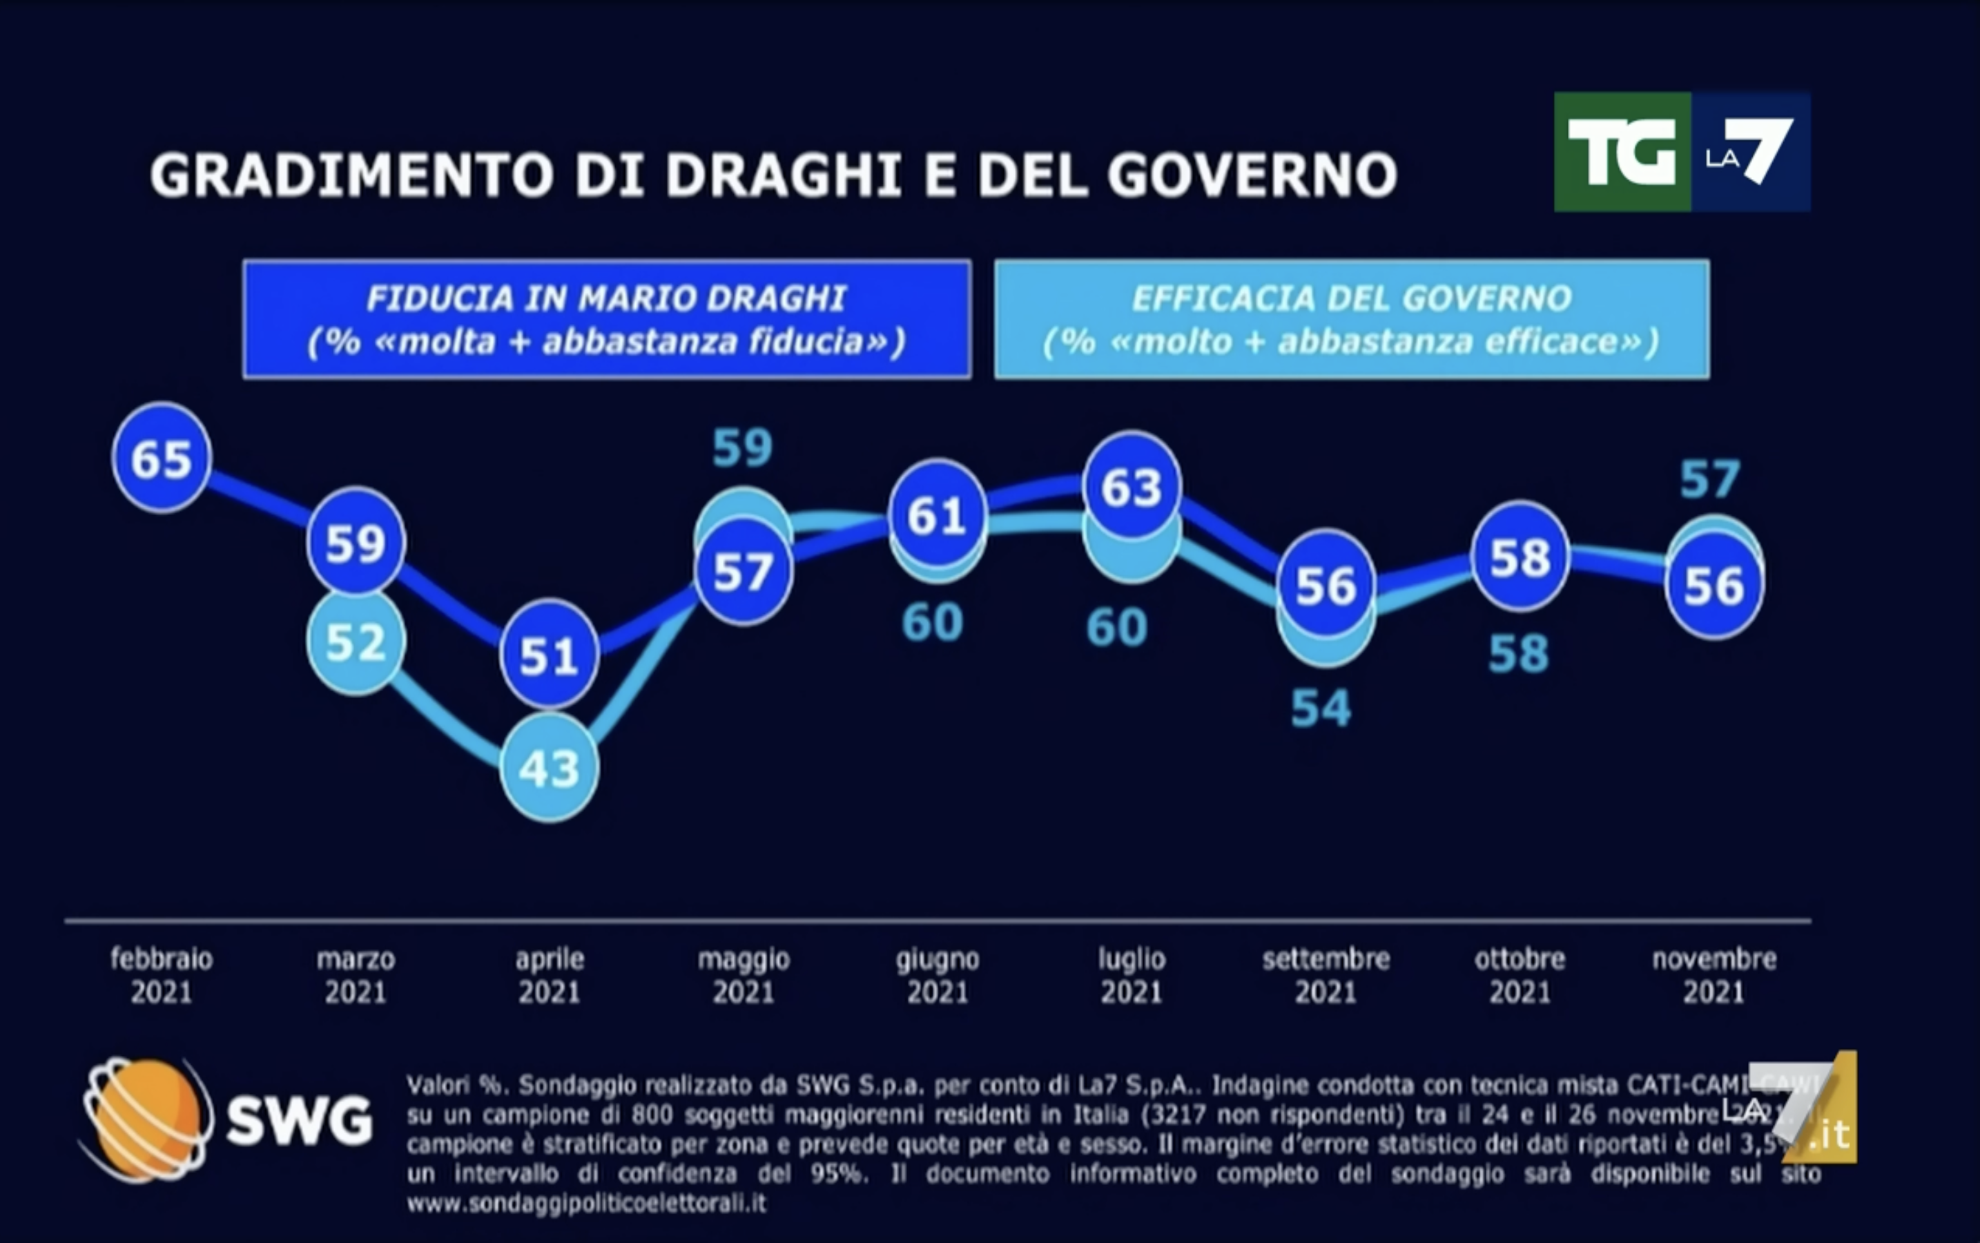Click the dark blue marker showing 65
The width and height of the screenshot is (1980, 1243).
click(162, 458)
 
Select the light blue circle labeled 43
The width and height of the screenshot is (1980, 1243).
click(549, 769)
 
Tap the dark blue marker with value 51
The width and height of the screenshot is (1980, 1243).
click(549, 655)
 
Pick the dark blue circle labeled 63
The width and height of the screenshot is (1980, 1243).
click(1132, 487)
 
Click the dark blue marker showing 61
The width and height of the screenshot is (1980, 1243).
click(937, 515)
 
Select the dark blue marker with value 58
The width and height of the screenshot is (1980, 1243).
click(1520, 557)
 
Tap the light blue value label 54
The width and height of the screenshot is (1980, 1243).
click(1321, 709)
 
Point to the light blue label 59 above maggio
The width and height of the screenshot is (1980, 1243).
click(743, 448)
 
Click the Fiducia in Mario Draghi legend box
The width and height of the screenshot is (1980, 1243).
click(607, 320)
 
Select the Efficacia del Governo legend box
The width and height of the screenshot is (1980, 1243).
click(1351, 320)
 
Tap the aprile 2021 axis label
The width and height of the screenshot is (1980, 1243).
click(549, 975)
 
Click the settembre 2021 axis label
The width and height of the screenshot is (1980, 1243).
click(1326, 975)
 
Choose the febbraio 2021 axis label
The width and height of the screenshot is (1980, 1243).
click(162, 975)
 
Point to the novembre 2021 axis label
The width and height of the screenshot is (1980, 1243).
click(1714, 975)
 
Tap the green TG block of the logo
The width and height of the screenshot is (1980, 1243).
click(1622, 152)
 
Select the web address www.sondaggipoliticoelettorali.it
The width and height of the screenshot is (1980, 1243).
click(586, 1204)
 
